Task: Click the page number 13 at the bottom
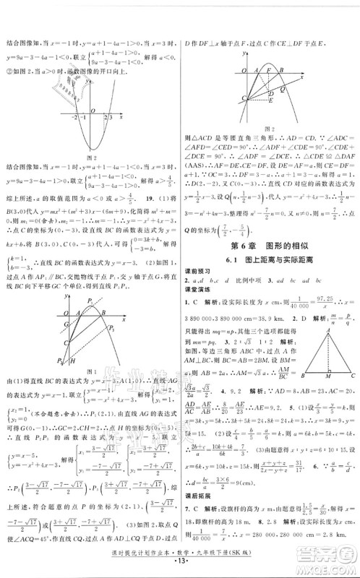tap(180, 568)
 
